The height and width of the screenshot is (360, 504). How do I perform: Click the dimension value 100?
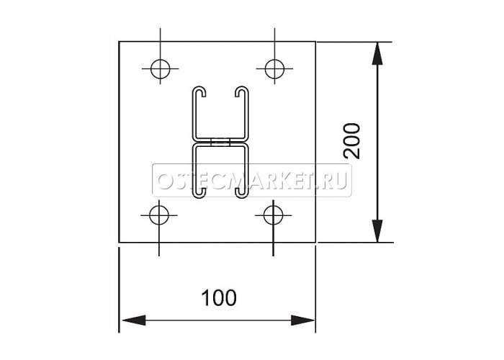[219, 298]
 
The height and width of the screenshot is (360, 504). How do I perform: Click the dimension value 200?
[351, 140]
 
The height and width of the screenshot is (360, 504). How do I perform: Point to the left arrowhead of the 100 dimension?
[134, 320]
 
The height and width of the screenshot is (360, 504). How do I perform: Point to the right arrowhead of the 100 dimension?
[303, 320]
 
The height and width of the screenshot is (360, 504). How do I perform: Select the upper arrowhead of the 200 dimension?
[377, 53]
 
